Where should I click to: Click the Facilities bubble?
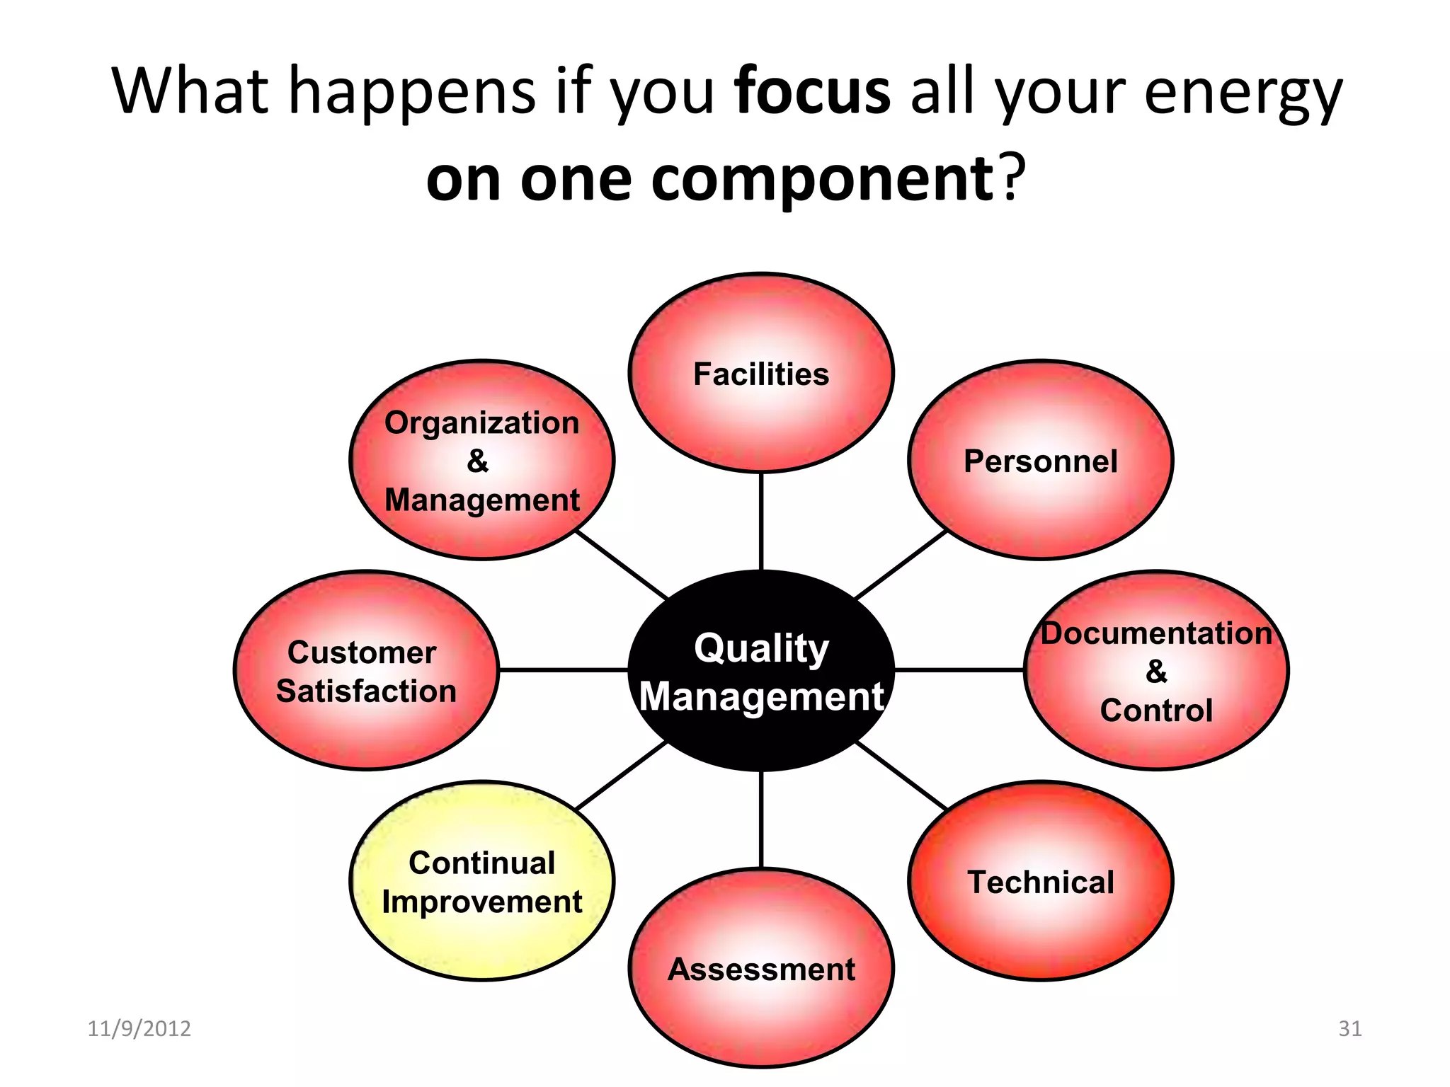pyautogui.click(x=761, y=373)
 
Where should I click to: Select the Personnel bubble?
pyautogui.click(x=1040, y=461)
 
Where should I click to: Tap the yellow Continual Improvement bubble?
pyautogui.click(x=482, y=881)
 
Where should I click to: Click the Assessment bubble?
pyautogui.click(x=761, y=968)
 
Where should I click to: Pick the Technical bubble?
pyautogui.click(x=1040, y=881)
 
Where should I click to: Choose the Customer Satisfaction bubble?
pyautogui.click(x=366, y=670)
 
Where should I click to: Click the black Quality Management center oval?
pyautogui.click(x=761, y=670)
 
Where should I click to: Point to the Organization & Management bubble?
pyautogui.click(x=482, y=461)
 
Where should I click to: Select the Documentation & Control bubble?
pyautogui.click(x=1156, y=670)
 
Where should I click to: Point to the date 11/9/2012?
pyautogui.click(x=139, y=1028)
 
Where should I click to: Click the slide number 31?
pyautogui.click(x=1350, y=1028)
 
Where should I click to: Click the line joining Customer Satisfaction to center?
pyautogui.click(x=563, y=669)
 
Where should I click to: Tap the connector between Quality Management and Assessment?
pyautogui.click(x=761, y=819)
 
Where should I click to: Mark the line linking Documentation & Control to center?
pyautogui.click(x=959, y=669)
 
